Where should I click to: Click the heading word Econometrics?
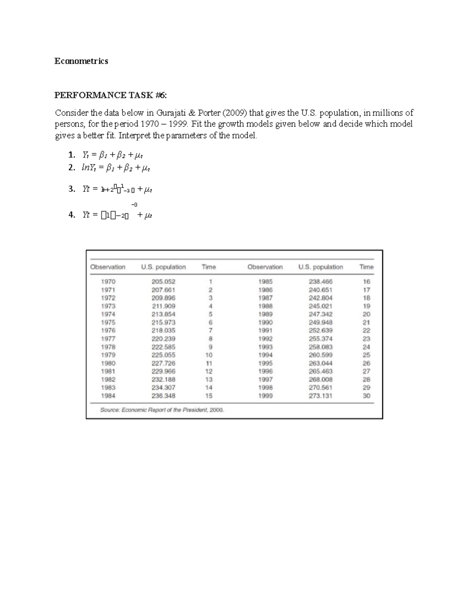click(x=81, y=61)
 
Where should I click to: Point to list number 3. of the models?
click(x=71, y=189)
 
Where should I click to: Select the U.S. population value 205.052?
click(x=163, y=281)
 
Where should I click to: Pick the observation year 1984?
click(x=108, y=396)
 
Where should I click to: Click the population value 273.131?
click(x=321, y=396)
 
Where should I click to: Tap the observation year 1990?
click(x=265, y=322)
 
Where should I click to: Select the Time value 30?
click(x=366, y=396)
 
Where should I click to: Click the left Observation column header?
click(x=108, y=267)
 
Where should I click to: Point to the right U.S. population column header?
click(x=321, y=267)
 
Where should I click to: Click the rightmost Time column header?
click(x=366, y=267)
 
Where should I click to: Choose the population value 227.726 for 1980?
click(x=163, y=363)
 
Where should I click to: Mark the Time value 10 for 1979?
click(x=209, y=355)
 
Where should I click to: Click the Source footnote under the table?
click(x=162, y=410)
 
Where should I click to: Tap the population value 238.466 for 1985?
click(x=321, y=281)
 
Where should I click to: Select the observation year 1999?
click(x=265, y=396)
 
